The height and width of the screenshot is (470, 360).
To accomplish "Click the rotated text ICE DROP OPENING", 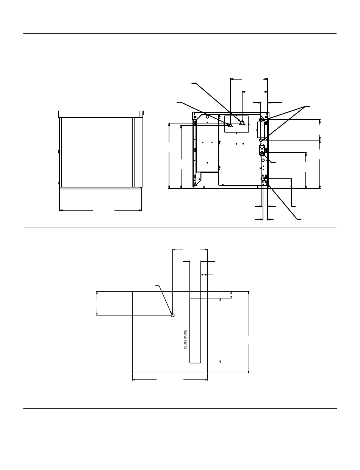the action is (186, 339).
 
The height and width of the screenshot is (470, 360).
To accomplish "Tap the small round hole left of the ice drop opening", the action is (172, 315).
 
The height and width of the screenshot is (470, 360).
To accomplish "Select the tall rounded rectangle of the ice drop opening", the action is (195, 330).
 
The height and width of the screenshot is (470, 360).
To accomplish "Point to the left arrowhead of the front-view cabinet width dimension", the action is (61, 210).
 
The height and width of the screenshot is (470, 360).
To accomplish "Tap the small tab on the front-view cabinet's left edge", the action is (58, 151).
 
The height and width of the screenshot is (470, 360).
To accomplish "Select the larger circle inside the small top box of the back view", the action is (242, 123).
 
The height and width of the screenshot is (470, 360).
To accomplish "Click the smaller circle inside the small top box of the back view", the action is (230, 125).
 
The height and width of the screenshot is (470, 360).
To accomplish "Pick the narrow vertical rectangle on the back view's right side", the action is (260, 130).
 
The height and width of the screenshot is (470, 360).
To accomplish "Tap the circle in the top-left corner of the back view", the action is (208, 117).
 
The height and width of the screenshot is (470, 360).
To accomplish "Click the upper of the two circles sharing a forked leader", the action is (261, 120).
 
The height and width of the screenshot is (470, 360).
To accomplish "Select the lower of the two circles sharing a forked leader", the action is (261, 141).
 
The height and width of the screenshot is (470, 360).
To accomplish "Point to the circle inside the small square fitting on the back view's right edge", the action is (262, 153).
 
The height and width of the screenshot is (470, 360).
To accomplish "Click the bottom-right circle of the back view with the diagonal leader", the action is (263, 178).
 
